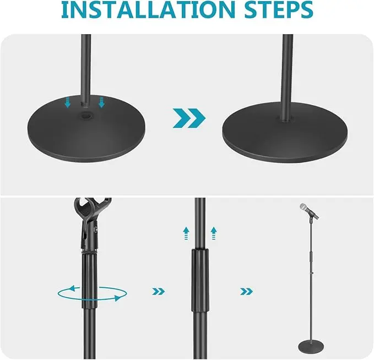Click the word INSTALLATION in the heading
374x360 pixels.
click(x=148, y=10)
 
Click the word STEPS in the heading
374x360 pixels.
click(x=279, y=10)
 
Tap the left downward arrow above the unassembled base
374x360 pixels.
click(x=68, y=102)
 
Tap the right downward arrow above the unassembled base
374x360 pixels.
click(x=102, y=102)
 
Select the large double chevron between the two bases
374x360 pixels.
click(x=189, y=118)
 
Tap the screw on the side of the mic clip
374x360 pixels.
click(x=96, y=230)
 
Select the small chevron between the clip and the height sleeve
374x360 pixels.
click(x=159, y=291)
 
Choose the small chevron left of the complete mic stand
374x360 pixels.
click(x=247, y=291)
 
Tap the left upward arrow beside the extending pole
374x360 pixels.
click(x=186, y=233)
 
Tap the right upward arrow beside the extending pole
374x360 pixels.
click(x=214, y=233)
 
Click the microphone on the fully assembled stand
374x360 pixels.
click(x=308, y=211)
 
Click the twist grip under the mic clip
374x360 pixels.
click(x=90, y=279)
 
